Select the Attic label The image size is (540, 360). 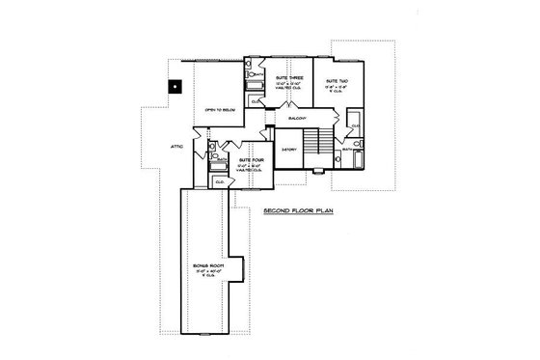pyautogui.click(x=177, y=145)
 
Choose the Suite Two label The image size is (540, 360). pyautogui.click(x=337, y=81)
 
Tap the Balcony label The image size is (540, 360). pyautogui.click(x=296, y=118)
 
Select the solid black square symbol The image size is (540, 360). pyautogui.click(x=173, y=84)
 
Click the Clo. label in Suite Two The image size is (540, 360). pyautogui.click(x=355, y=126)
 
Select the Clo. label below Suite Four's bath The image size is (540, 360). pyautogui.click(x=219, y=180)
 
